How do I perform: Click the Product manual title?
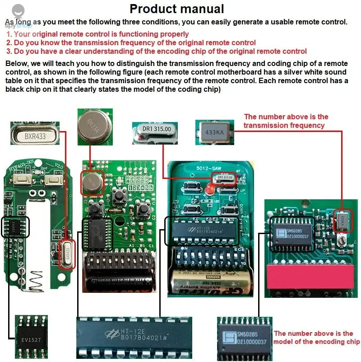click(176, 9)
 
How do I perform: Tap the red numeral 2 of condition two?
click(9, 42)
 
